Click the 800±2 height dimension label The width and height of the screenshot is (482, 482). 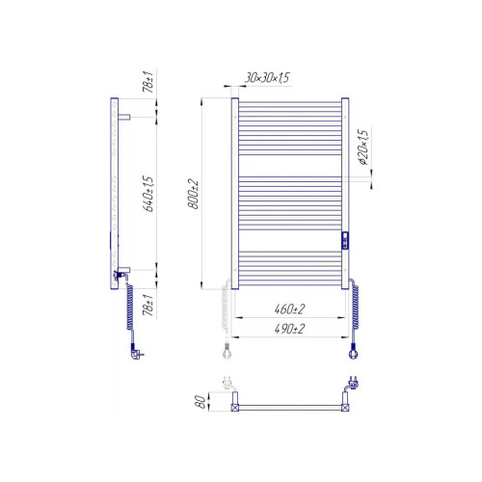point(193,194)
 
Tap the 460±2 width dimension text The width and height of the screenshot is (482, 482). point(289,309)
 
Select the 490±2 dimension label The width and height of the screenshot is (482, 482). point(289,329)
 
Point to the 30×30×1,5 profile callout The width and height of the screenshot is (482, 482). point(267,77)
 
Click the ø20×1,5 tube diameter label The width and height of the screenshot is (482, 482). point(363,147)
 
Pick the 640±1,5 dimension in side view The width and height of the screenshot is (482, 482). point(147,194)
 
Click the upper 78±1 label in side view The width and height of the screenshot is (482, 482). point(147,82)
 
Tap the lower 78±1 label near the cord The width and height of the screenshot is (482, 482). point(147,305)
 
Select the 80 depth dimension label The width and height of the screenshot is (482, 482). point(201,402)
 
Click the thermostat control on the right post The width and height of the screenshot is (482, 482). point(345,241)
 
